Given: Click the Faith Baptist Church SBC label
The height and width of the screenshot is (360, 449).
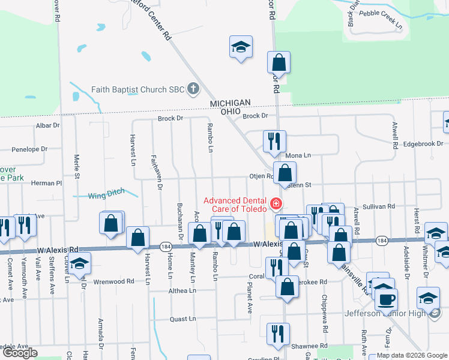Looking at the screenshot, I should tap(138, 90).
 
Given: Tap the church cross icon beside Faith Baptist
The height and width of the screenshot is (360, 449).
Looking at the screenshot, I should tap(193, 90).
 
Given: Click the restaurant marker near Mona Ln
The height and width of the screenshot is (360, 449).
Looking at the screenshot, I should tap(274, 142).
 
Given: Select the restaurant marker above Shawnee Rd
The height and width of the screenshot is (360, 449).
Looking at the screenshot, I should tap(278, 333).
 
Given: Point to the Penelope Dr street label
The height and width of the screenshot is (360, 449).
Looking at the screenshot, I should tap(29, 149).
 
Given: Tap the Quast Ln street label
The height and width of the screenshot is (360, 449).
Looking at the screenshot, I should tap(183, 319).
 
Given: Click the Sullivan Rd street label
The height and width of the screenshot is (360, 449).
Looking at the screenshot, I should tap(382, 206).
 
